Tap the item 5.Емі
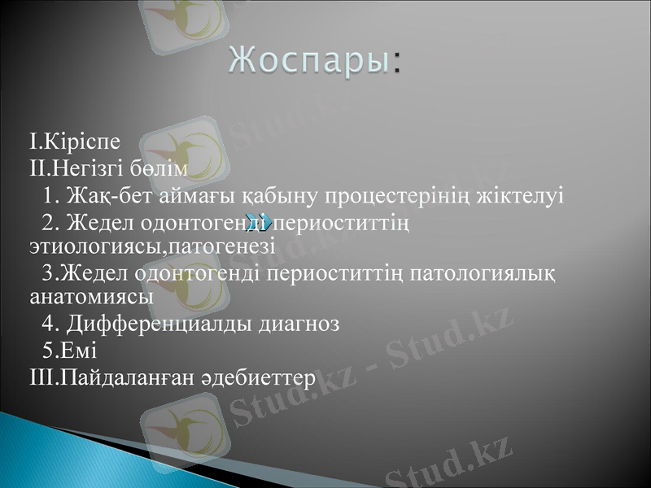(69, 351)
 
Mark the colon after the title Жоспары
(396, 63)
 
